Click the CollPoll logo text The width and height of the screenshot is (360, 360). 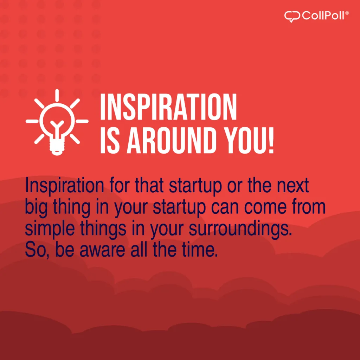tap(323, 15)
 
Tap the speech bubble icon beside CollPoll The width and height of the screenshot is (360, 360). tap(292, 17)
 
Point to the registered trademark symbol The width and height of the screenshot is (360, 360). tap(347, 13)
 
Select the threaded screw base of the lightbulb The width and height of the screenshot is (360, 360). tap(57, 148)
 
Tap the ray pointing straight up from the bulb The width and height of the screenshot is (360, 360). tap(57, 95)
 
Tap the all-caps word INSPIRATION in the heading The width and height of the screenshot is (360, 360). tap(168, 107)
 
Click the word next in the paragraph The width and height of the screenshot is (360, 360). tap(293, 186)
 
